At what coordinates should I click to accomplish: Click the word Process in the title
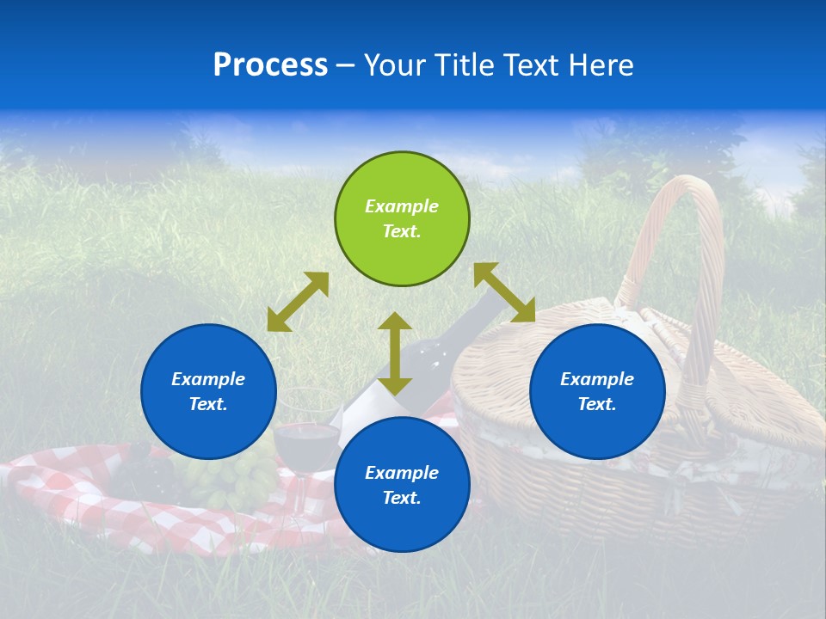coord(270,65)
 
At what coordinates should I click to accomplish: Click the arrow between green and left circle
coord(298,302)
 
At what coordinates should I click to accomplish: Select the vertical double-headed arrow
coord(395,353)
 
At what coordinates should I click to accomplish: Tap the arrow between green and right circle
coord(504,292)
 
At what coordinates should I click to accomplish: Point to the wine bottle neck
coord(482,309)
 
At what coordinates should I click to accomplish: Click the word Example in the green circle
coord(402,206)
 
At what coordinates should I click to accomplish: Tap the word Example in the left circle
coord(208,379)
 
